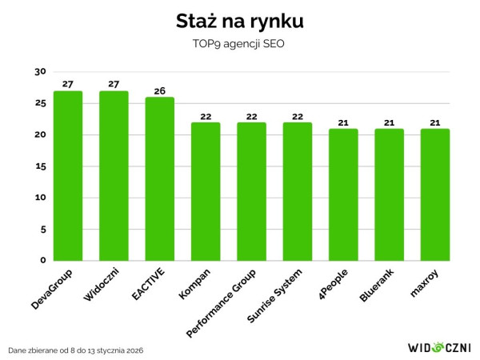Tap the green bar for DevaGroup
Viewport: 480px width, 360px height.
pyautogui.click(x=67, y=176)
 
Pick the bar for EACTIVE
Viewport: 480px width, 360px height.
pyautogui.click(x=159, y=179)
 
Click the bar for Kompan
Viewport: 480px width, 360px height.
pyautogui.click(x=205, y=192)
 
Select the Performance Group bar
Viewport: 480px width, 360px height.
pyautogui.click(x=251, y=192)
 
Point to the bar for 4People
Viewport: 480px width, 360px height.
pyautogui.click(x=343, y=195)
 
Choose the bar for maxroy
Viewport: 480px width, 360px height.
pyautogui.click(x=434, y=195)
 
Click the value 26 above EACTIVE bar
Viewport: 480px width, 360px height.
pyautogui.click(x=159, y=90)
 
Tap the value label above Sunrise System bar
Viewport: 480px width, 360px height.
pyautogui.click(x=297, y=115)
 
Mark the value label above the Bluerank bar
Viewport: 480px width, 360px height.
pyautogui.click(x=389, y=122)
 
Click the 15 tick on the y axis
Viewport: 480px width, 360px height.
pyautogui.click(x=41, y=166)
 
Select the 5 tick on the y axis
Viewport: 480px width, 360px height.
pyautogui.click(x=43, y=230)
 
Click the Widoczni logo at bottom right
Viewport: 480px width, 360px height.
pyautogui.click(x=439, y=348)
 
